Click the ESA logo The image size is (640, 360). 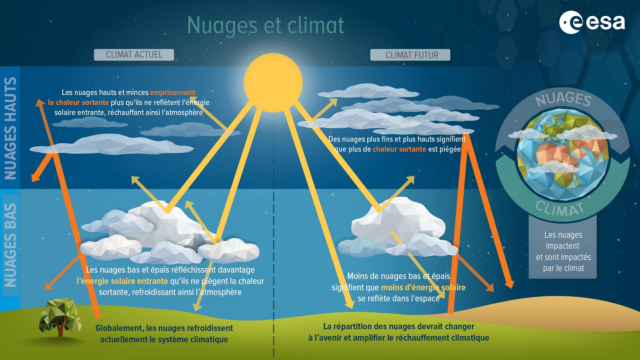click(x=592, y=22)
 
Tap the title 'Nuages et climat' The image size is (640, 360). click(x=265, y=26)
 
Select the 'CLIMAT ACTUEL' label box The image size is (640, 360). click(x=134, y=55)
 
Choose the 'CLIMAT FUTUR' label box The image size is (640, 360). click(x=410, y=55)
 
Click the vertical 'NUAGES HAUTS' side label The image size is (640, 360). click(x=10, y=128)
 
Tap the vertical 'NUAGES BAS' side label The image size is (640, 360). click(x=10, y=245)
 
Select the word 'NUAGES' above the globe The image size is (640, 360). click(x=564, y=99)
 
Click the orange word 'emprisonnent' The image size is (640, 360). click(x=173, y=93)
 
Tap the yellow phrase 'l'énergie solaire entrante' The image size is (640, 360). click(x=122, y=281)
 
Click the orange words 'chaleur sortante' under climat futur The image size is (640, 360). click(x=399, y=149)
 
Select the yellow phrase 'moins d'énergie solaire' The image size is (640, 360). click(x=423, y=287)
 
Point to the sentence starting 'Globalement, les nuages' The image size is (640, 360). click(x=164, y=334)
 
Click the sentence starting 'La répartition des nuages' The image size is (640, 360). click(x=399, y=332)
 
